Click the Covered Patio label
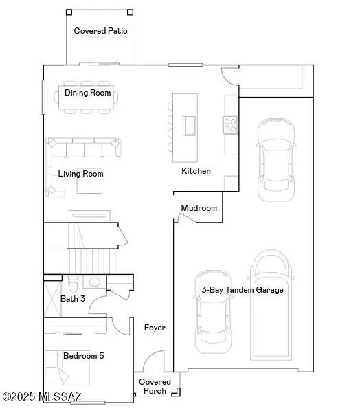coord(100,30)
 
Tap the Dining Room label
coord(87,92)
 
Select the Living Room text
coord(80,174)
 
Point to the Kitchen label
coord(196,171)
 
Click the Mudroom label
coord(199,208)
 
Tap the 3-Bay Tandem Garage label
coord(242,290)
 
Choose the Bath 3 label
coord(73,299)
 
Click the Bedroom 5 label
coord(83,356)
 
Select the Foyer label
coord(155,328)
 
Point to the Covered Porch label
coord(154,386)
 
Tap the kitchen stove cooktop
coord(230,124)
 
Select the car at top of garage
coord(276,158)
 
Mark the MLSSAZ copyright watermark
coord(43,396)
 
